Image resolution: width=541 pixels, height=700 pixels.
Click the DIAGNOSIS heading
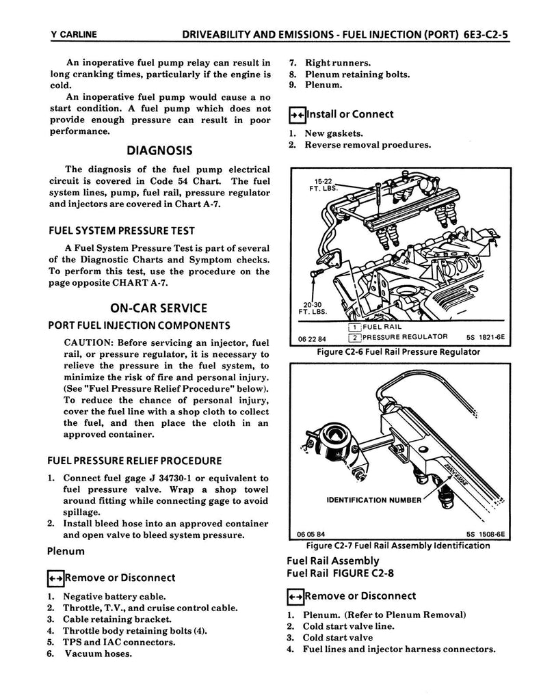[159, 150]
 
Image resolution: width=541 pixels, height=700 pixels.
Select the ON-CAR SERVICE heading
[159, 308]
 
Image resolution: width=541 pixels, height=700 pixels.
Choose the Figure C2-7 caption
[398, 546]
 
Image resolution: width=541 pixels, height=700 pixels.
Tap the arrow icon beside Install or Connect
[296, 115]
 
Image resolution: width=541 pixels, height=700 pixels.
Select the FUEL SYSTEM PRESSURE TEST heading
[120, 230]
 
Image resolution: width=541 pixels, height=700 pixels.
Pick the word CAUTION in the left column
[88, 342]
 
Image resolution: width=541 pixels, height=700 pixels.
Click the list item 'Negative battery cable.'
[114, 597]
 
